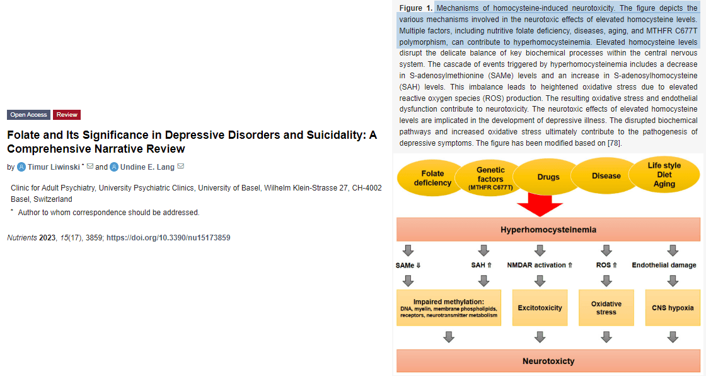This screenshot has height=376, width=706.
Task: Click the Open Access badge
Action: pos(28,115)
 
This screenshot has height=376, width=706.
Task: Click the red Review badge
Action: pos(67,115)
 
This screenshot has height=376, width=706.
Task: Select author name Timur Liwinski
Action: pos(54,167)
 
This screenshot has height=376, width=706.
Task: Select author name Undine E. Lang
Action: pos(148,167)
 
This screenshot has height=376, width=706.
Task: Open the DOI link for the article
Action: pos(168,238)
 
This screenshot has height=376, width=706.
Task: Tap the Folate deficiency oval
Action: pos(432,178)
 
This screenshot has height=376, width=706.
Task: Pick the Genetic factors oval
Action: pos(490,178)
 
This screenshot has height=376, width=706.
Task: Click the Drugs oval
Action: pos(548,177)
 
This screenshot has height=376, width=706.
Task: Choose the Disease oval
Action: pos(606,176)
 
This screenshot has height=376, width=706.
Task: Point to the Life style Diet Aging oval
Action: pos(664,175)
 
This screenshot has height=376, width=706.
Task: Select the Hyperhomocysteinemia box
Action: pos(548,230)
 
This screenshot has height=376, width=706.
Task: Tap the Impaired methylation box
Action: pos(449,308)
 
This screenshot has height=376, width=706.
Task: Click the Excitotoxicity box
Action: pos(540,308)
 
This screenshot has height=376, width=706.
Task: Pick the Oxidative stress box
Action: pos(606,308)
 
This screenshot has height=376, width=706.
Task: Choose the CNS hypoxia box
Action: pos(673,308)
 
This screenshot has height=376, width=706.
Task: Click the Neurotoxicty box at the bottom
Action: pos(548,361)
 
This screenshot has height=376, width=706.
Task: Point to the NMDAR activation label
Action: pos(540,265)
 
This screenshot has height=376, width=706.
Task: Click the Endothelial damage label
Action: pos(664,265)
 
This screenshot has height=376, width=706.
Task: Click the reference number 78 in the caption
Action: pos(614,143)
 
